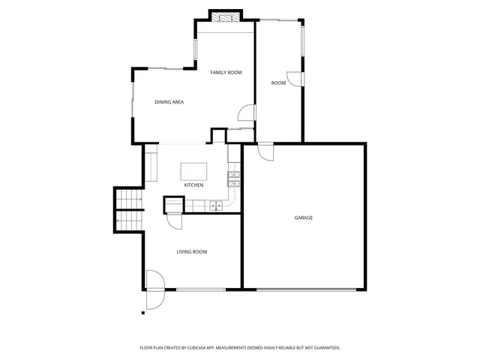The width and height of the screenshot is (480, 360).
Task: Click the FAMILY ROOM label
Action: point(226,72)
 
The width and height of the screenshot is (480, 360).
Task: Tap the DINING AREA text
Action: point(169,102)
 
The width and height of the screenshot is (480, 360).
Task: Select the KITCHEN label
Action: point(193,185)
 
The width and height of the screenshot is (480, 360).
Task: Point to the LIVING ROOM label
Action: point(192,252)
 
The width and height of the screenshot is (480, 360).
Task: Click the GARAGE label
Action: point(303,218)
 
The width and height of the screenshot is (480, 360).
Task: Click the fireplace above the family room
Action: point(226,16)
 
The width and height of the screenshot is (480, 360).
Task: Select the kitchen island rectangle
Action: point(193,169)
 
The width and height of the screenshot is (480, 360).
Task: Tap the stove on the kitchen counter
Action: point(233,178)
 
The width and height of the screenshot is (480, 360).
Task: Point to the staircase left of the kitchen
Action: point(127,209)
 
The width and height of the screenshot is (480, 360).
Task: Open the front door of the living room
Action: point(154,289)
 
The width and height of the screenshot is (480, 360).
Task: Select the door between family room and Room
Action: point(246,112)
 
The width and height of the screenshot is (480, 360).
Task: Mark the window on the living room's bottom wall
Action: point(200,289)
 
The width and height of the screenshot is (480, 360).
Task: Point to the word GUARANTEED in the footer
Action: point(324,348)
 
